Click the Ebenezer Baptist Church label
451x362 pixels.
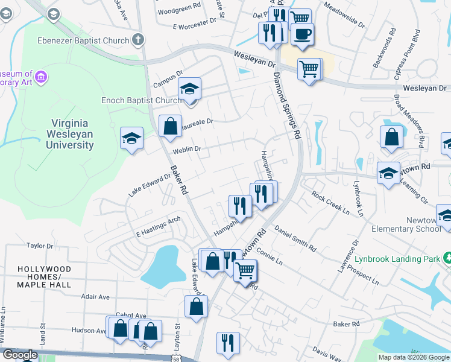pyautogui.click(x=90, y=40)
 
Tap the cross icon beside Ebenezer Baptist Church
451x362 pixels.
pyautogui.click(x=138, y=40)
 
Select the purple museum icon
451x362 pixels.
pyautogui.click(x=41, y=77)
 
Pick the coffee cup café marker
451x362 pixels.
pyautogui.click(x=302, y=34)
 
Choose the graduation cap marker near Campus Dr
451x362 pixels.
pyautogui.click(x=189, y=91)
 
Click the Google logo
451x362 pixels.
pyautogui.click(x=20, y=355)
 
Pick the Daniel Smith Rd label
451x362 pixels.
pyautogui.click(x=295, y=239)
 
